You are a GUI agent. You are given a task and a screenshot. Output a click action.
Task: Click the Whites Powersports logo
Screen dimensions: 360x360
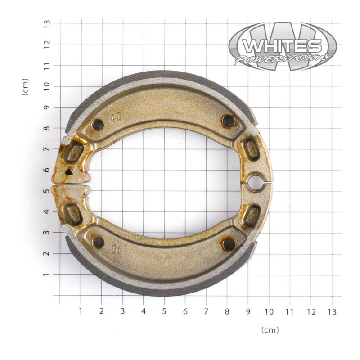[x=282, y=46]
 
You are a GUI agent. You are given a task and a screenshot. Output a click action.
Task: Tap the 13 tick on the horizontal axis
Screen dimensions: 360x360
[x=332, y=311]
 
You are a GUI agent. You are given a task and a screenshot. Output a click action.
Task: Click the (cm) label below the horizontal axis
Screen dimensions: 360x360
[x=270, y=330]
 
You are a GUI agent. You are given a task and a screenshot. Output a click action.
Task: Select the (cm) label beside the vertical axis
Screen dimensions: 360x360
[x=25, y=86]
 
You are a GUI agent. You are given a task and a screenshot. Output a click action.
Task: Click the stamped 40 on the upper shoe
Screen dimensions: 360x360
[x=117, y=118]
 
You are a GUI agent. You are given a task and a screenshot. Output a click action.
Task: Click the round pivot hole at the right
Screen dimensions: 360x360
[x=255, y=182]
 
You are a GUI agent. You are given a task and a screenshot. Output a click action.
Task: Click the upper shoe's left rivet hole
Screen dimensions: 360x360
[x=98, y=125]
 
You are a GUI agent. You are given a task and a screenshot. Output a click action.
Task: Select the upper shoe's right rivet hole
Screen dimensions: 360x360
[x=229, y=121]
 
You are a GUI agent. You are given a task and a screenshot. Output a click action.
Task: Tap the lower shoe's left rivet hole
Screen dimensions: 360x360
[x=98, y=242]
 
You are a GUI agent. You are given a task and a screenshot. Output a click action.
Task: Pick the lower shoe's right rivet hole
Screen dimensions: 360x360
[x=229, y=244]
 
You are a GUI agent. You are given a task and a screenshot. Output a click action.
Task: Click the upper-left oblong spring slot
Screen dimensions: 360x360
[x=73, y=153]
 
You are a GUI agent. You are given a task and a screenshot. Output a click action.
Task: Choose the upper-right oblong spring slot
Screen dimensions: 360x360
[x=252, y=149]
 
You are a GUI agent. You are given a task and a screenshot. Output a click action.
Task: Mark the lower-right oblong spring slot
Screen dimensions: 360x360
[x=252, y=216]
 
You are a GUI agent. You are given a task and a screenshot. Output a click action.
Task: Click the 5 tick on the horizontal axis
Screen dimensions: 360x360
[x=164, y=311]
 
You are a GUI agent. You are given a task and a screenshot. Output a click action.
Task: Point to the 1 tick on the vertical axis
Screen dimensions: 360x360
[x=46, y=274]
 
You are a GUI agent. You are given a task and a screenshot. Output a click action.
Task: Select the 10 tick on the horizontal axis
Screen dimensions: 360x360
[x=269, y=311]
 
